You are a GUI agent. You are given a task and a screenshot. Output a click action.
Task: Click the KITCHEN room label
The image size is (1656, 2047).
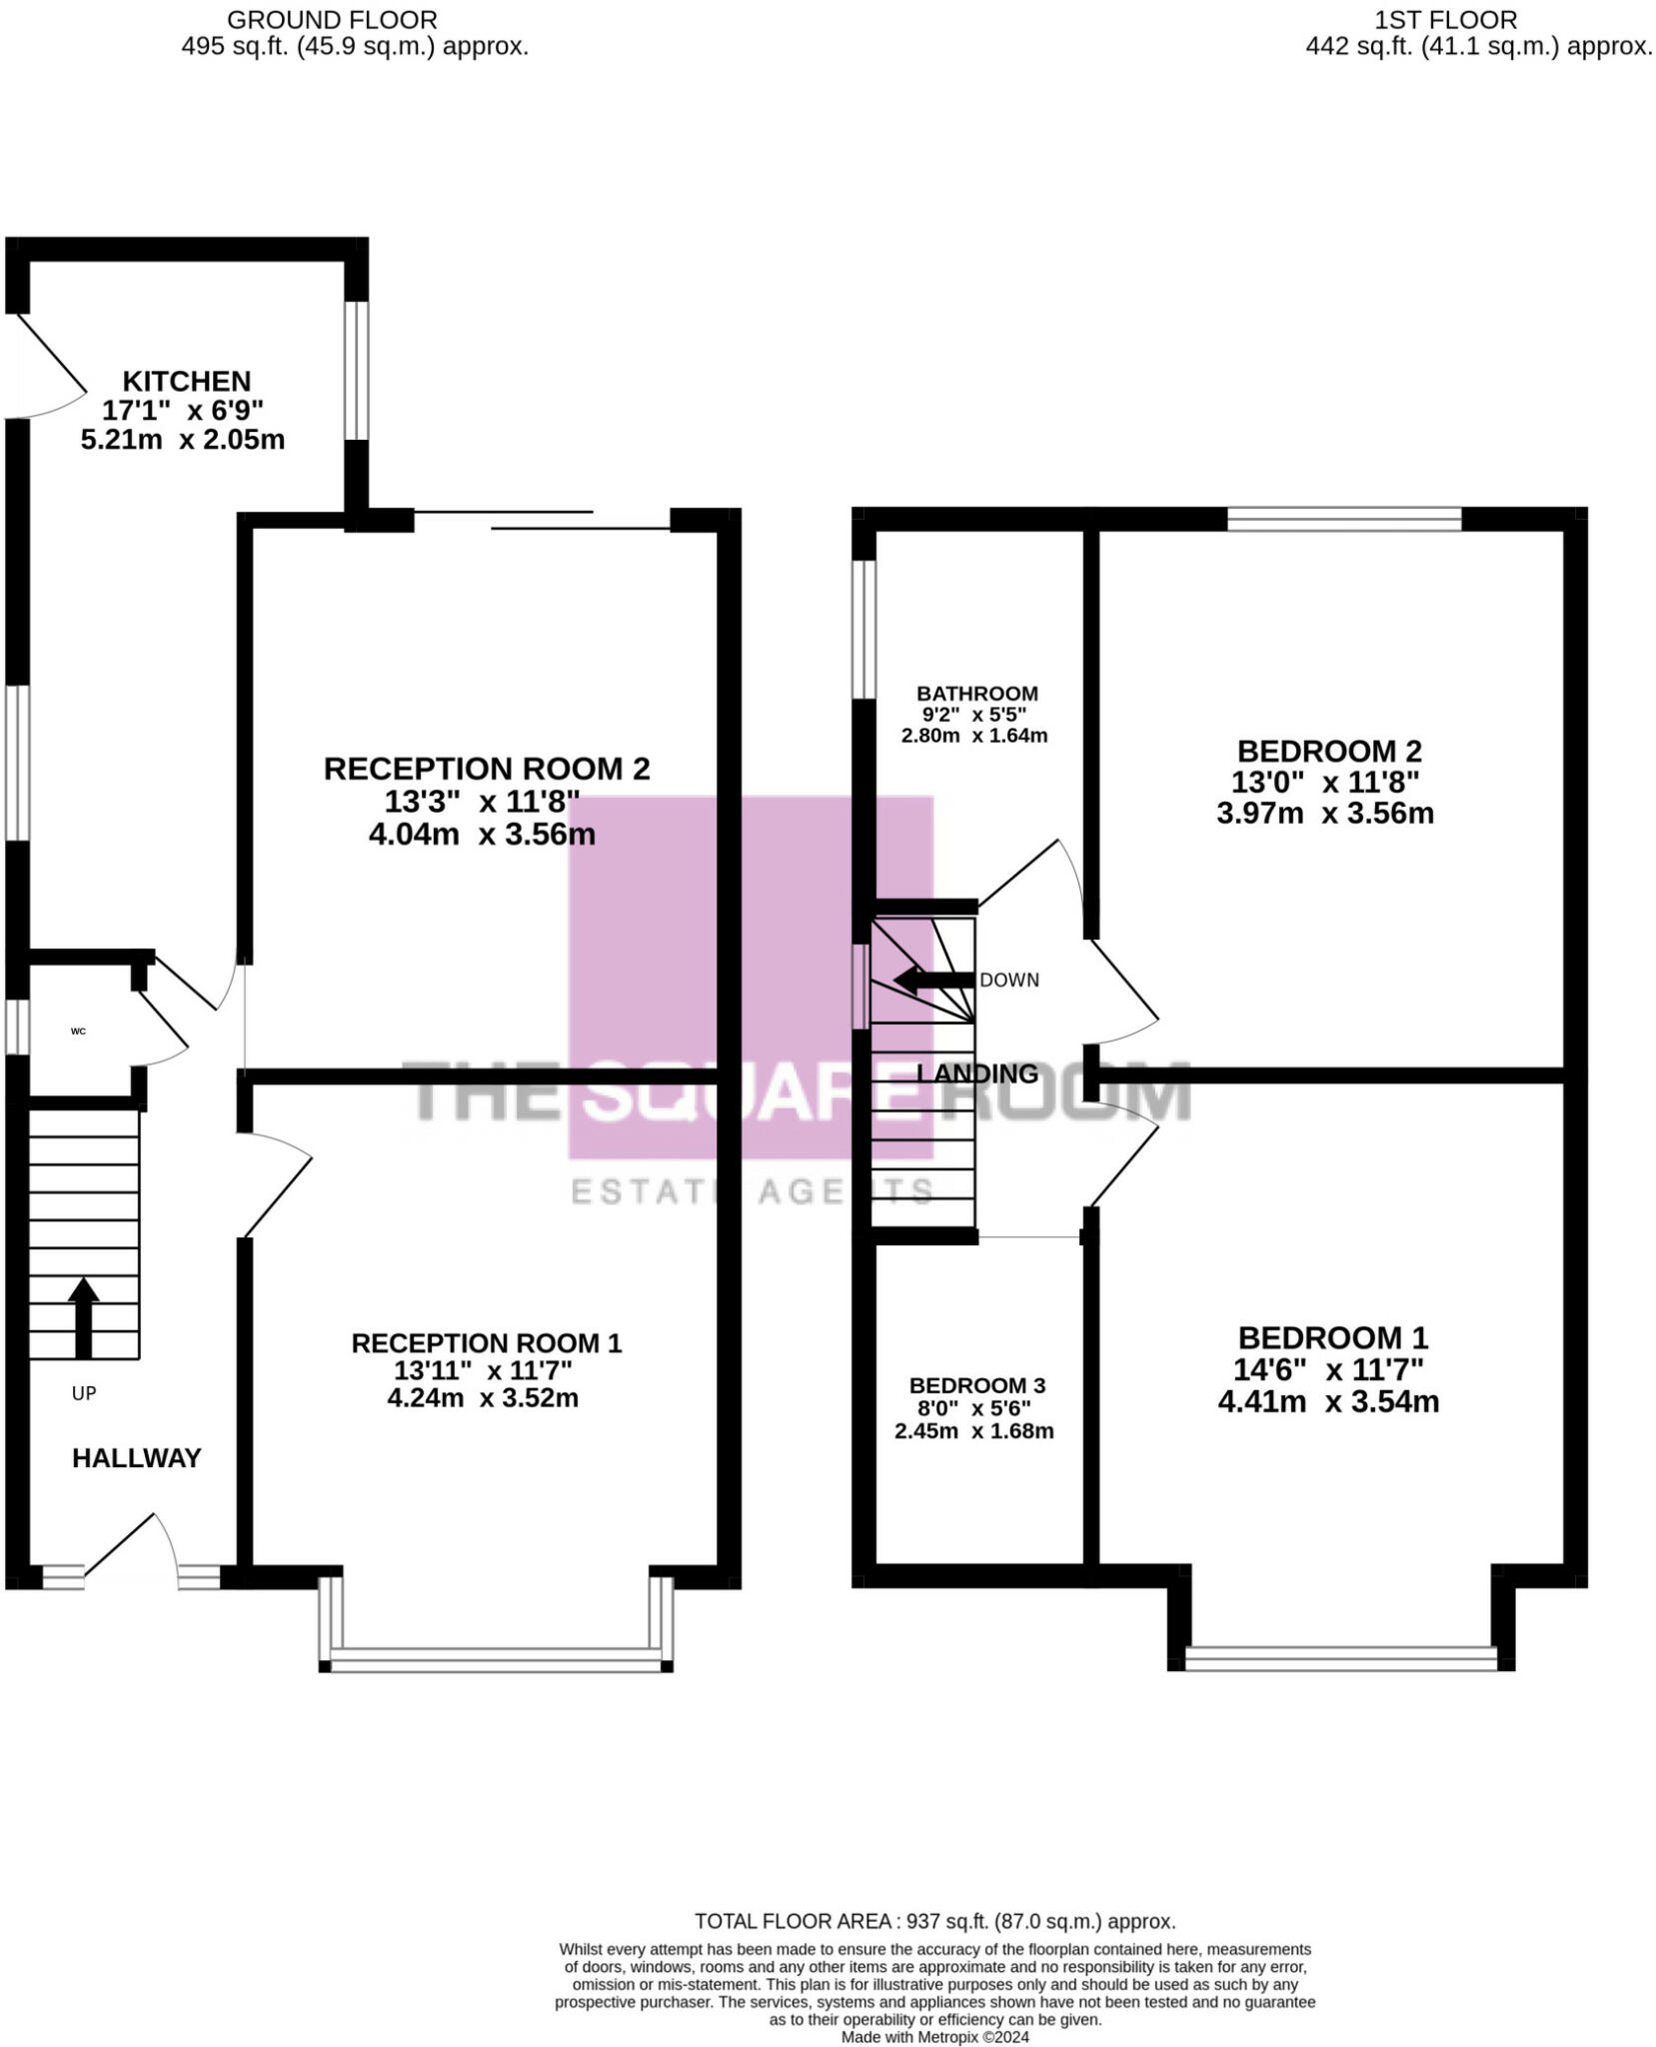[186, 381]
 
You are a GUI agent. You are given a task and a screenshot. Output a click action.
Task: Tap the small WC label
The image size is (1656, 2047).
[78, 1030]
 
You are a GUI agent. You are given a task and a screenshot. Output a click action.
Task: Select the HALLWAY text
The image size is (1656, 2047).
[137, 1458]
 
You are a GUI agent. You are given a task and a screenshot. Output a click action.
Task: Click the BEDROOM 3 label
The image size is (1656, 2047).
[976, 1385]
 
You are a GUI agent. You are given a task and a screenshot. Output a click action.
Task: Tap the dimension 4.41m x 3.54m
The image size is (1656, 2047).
[1327, 1401]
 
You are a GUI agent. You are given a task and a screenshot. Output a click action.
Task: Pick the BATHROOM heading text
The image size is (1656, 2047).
[976, 693]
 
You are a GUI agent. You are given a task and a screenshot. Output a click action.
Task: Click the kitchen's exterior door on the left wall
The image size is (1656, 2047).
[45, 366]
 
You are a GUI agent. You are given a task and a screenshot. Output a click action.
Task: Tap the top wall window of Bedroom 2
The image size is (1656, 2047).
[1343, 519]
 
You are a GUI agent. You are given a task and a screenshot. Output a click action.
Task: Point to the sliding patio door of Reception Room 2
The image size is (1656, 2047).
[541, 520]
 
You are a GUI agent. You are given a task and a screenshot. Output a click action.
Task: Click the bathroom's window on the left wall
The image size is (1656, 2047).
[863, 629]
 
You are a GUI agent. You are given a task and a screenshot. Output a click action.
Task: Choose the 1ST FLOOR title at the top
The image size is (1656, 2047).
[1445, 19]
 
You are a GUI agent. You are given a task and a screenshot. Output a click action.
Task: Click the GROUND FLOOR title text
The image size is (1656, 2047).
[332, 19]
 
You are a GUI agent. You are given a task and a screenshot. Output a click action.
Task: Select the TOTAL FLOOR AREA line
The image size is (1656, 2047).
[934, 1921]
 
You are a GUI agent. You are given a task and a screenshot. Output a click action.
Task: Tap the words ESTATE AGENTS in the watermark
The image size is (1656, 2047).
[752, 1190]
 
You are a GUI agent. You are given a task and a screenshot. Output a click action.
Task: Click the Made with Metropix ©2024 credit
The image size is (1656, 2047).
[934, 2036]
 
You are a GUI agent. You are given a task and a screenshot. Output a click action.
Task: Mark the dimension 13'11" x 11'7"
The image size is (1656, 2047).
[483, 1370]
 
